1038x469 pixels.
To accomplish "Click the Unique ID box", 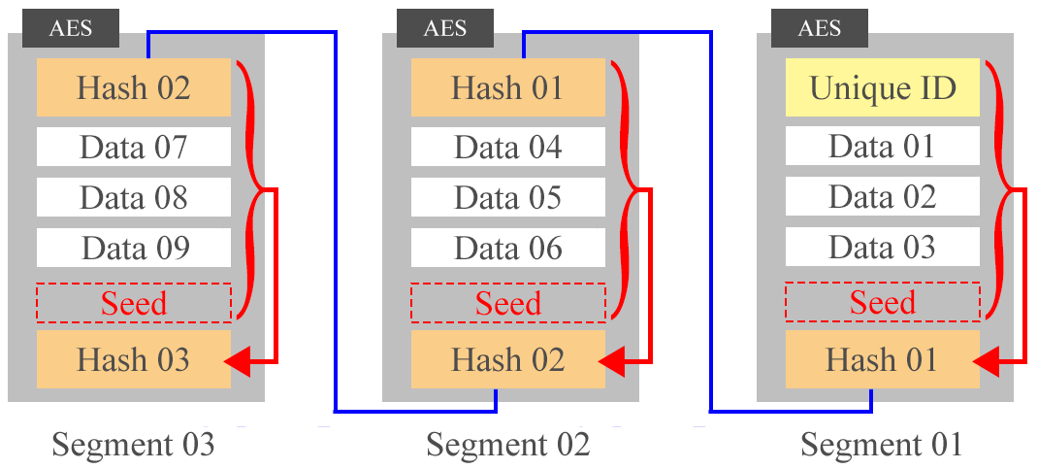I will (x=883, y=87).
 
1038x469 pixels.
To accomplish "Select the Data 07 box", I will (x=134, y=148).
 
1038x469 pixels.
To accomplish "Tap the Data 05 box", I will (x=508, y=198).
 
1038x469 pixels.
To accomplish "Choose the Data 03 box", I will (x=883, y=248).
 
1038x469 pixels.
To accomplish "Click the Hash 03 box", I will (x=134, y=360).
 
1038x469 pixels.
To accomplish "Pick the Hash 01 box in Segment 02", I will (x=508, y=87).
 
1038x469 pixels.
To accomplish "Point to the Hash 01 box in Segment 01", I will (x=883, y=360).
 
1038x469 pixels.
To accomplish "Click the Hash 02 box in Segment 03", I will (x=134, y=87).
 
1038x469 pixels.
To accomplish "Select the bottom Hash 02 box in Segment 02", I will (x=508, y=360).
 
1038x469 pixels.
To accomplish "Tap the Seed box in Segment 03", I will (x=134, y=303).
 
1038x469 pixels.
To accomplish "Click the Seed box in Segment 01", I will (x=883, y=303).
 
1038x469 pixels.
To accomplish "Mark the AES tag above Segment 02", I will (x=445, y=27).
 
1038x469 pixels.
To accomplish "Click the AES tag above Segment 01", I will (x=820, y=27).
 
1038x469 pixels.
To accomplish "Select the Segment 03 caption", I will (x=133, y=445).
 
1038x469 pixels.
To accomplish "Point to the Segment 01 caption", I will (x=882, y=445).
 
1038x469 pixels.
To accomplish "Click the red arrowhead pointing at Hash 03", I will (x=239, y=362).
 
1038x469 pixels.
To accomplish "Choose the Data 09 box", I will (x=134, y=248).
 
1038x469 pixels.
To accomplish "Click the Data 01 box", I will (x=883, y=148).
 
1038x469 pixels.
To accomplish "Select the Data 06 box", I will (x=508, y=248).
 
